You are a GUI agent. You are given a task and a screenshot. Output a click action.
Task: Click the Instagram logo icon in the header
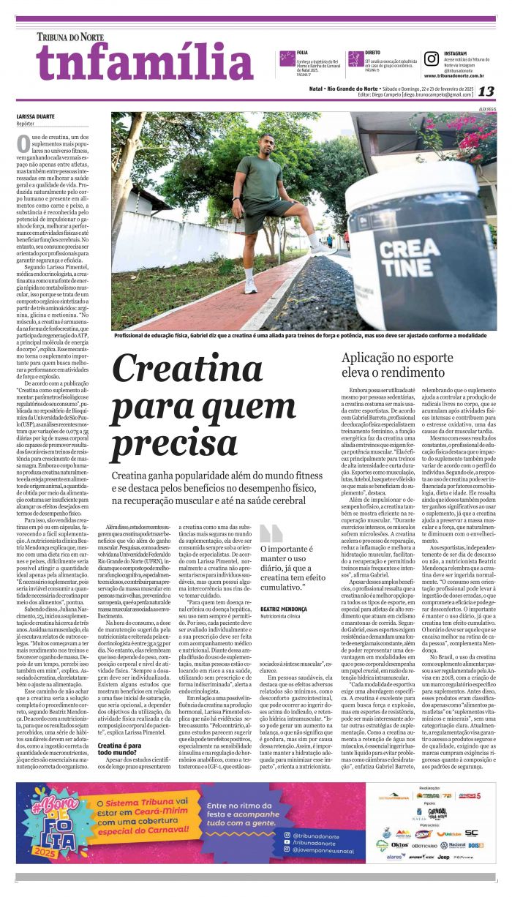[431, 59]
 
